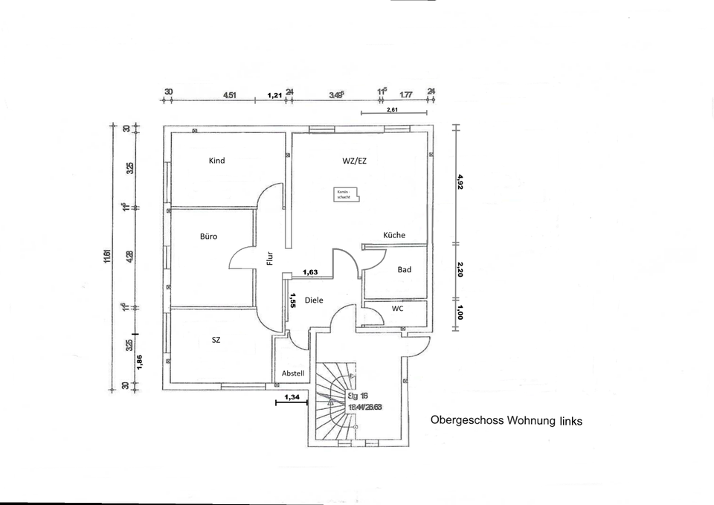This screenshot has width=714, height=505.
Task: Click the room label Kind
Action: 216,161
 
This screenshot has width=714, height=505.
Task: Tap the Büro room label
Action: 208,237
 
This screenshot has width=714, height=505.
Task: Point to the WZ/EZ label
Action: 353,161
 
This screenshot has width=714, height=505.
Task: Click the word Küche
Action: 394,235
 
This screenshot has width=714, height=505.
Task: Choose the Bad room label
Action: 405,269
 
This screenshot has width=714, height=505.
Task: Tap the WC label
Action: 397,308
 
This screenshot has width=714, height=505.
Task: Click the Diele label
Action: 314,300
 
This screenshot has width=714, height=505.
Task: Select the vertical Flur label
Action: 271,257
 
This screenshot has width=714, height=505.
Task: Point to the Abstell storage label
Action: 293,373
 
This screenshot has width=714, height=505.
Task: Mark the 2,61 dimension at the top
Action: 393,109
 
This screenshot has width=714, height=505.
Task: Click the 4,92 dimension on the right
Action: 460,181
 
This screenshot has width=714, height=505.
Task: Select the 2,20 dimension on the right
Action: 460,269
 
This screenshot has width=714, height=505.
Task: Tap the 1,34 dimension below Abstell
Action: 292,398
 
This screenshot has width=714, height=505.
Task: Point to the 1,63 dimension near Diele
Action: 310,272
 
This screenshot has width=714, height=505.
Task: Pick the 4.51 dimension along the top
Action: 231,95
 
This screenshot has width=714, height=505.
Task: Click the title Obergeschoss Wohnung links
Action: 506,420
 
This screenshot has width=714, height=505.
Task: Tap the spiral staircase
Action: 335,405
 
